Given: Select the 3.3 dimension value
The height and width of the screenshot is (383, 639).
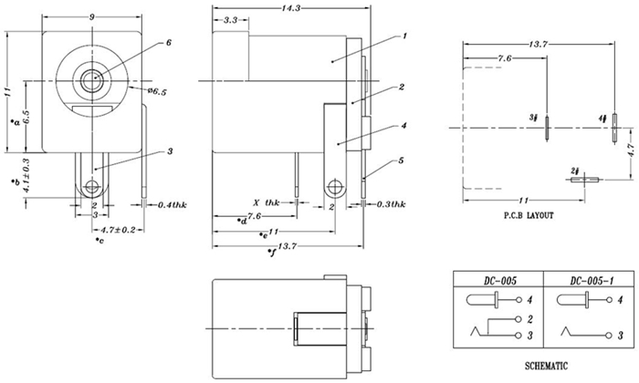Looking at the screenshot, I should click(231, 19).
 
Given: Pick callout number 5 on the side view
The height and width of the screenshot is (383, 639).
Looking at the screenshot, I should click(402, 160).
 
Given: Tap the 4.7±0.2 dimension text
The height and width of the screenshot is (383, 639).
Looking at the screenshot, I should click(120, 230).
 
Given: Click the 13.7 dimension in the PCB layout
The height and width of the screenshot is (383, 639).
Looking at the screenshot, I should click(539, 45).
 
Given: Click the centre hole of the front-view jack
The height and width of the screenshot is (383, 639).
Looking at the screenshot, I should click(90, 80).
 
